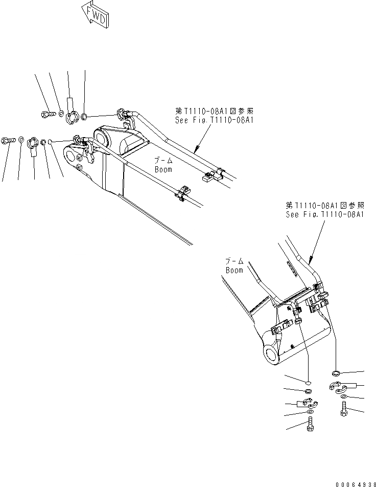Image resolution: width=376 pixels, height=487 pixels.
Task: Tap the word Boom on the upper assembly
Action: [x=163, y=169]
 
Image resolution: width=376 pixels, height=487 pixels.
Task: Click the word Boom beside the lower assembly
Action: [x=234, y=270]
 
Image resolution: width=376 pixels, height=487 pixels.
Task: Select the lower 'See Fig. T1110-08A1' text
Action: [x=325, y=214]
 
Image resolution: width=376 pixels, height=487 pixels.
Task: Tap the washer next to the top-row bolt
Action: [x=60, y=114]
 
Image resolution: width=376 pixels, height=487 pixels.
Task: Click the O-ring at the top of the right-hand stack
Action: [x=336, y=372]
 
